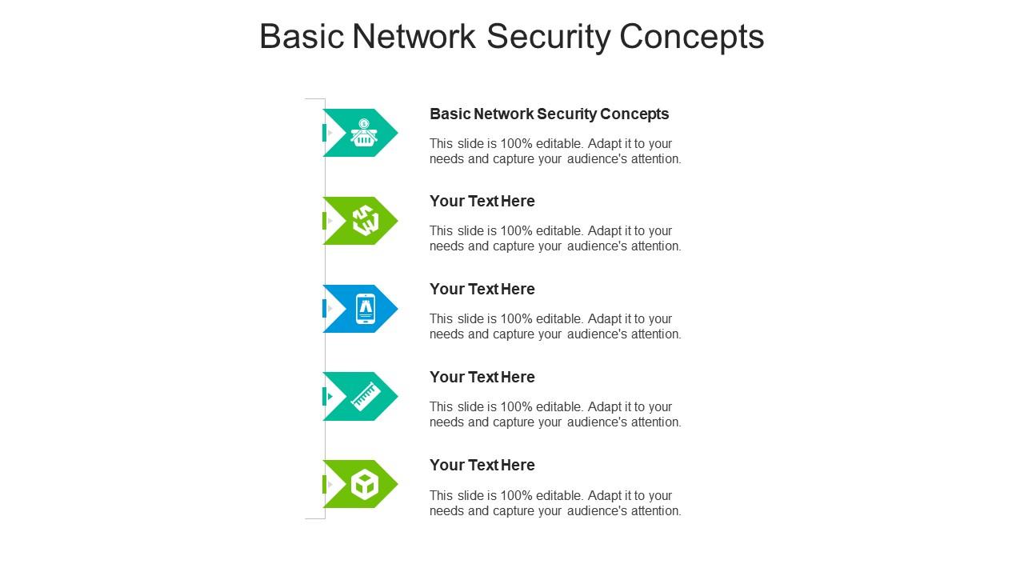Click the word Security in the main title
(x=549, y=37)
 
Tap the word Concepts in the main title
(x=692, y=37)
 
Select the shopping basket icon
(x=364, y=133)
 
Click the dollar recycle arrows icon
(x=366, y=220)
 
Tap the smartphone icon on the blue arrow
(x=366, y=309)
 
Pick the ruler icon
(x=366, y=396)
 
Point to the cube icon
(x=365, y=485)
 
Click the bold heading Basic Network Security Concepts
(x=549, y=114)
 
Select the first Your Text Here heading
(x=482, y=201)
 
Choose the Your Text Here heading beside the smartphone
(x=482, y=289)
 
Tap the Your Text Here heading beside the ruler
(x=482, y=377)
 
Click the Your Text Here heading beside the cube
(x=482, y=465)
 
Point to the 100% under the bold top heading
(x=517, y=143)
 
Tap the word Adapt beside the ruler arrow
(x=603, y=407)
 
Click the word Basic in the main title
(x=302, y=37)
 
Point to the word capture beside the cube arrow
(x=514, y=511)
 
